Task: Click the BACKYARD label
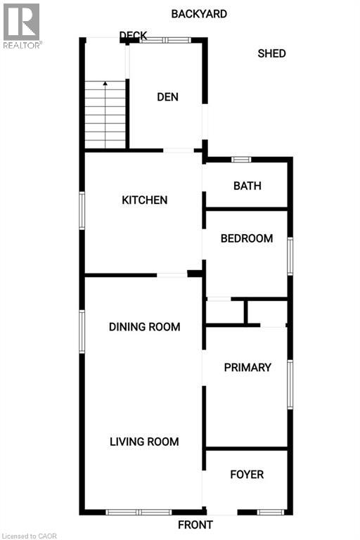[200, 13]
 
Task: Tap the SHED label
[271, 53]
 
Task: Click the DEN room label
[167, 97]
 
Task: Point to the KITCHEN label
[145, 200]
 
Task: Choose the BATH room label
[247, 186]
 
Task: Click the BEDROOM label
[246, 238]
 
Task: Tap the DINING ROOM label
[144, 327]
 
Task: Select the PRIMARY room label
[247, 368]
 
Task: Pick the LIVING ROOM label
[144, 442]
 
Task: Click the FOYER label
[247, 475]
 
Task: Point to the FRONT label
[195, 525]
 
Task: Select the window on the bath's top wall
[242, 159]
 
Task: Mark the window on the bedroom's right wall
[290, 255]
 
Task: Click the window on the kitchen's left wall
[82, 211]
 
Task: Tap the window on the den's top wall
[165, 40]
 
